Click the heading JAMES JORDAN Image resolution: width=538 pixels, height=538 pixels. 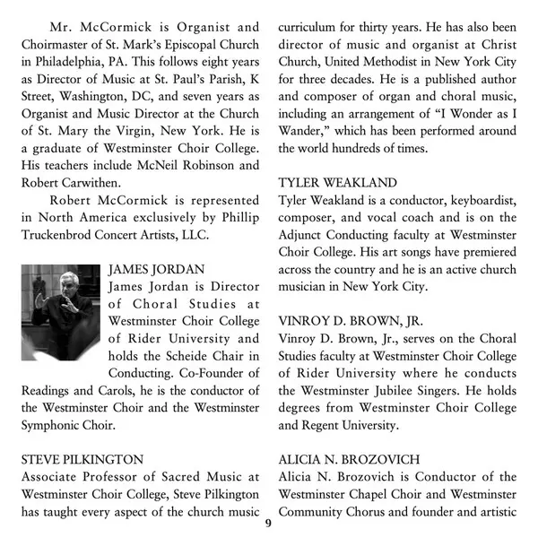pos(156,268)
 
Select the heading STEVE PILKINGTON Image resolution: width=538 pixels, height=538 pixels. pos(82,459)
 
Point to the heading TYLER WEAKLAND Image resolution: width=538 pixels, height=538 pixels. pos(337,182)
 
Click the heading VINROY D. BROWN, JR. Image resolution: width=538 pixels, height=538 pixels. pos(351,320)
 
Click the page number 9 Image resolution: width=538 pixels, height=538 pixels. pos(267,523)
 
